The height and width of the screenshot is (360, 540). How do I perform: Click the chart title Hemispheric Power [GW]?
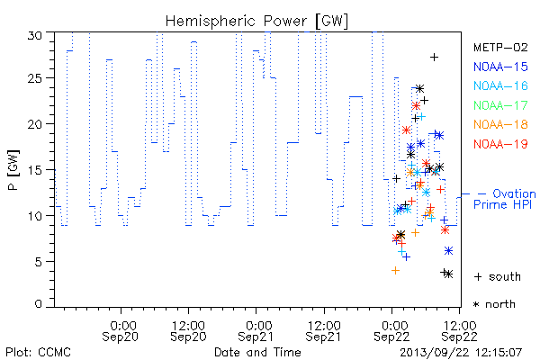[256, 22]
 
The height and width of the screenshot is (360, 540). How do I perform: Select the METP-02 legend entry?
[500, 47]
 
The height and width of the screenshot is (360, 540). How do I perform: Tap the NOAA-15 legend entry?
[500, 67]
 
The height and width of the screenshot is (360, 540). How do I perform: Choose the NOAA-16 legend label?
[500, 85]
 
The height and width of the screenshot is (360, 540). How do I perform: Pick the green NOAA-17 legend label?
[500, 105]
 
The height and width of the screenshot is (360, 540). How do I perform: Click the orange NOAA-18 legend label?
[500, 124]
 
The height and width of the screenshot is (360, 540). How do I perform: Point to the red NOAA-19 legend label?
[500, 144]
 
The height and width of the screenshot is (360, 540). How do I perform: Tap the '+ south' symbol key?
[498, 276]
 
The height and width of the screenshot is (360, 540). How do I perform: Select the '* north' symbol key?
[494, 304]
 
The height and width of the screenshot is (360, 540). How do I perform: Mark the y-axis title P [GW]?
[13, 170]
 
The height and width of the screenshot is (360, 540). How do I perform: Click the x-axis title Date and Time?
[257, 352]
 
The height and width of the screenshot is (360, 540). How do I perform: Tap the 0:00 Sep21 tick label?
[256, 331]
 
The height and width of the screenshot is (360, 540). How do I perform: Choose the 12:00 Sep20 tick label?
[188, 331]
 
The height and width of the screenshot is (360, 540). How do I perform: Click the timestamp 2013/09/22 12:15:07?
[461, 353]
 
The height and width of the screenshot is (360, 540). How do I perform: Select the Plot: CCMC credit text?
[38, 353]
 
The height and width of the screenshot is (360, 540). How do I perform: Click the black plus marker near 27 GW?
[435, 58]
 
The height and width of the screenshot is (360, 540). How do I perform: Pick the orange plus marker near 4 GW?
[395, 270]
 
